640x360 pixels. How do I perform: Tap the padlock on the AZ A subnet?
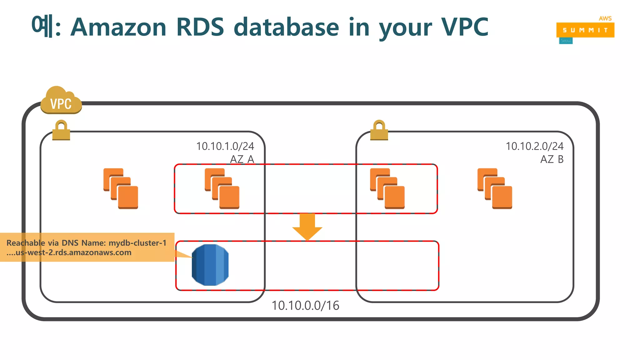coord(61,131)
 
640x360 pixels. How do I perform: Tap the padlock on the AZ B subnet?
coord(379,131)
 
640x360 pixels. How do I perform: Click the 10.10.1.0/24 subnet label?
coord(225,146)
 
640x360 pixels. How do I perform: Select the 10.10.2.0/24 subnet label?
coord(534,146)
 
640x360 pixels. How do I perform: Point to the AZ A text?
coord(242,159)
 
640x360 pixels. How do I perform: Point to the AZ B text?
coord(552,159)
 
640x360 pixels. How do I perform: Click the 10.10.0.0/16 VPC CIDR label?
coord(305,306)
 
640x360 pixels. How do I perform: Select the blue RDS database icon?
coord(210,265)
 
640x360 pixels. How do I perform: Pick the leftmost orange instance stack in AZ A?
coord(121,188)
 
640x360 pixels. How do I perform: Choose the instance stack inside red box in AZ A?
coord(222,188)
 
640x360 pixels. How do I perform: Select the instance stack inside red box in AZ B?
coord(387,188)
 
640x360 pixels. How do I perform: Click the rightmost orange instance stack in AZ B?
coord(495,188)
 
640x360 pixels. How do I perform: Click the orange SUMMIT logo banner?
coord(585,30)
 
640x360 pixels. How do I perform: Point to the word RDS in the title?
coord(200,27)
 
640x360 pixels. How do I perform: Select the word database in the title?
coord(286,27)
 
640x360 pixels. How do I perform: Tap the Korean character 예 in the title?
coord(42,26)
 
